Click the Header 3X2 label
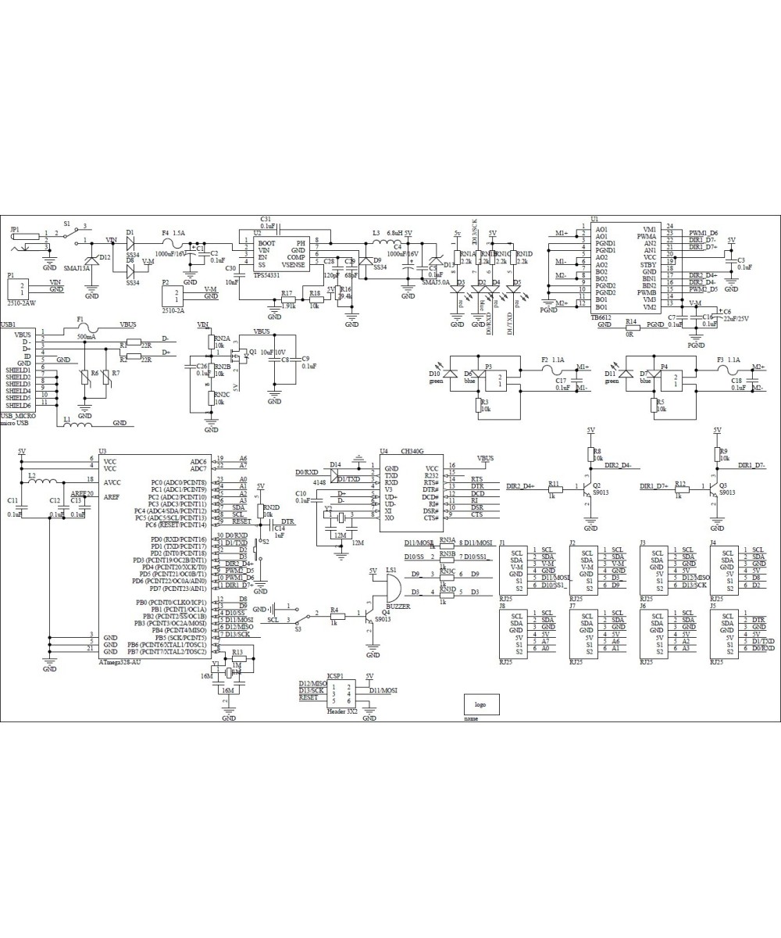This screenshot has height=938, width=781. tap(341, 712)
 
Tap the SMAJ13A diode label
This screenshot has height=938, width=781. tap(77, 267)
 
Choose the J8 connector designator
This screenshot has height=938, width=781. tap(502, 605)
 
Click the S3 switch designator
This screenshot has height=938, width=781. tap(298, 628)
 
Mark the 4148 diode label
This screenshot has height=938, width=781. tap(319, 483)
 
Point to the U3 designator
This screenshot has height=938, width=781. tap(102, 451)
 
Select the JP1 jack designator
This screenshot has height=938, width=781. tap(15, 229)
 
